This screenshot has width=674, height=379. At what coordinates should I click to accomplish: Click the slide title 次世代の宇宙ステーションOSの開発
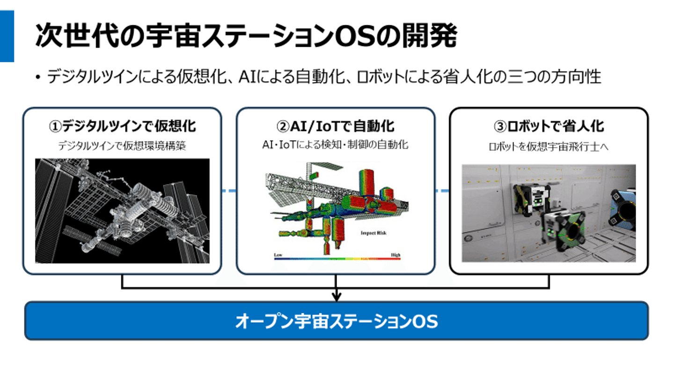point(246,36)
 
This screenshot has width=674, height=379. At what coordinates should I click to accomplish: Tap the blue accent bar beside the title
point(7,36)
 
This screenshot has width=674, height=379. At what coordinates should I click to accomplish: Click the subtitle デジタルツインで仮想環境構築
point(122,146)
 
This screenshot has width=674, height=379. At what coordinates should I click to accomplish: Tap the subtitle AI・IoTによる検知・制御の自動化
point(335,145)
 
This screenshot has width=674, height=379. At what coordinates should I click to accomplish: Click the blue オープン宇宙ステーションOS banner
point(336,321)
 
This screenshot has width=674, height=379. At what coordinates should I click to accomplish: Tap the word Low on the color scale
point(278,255)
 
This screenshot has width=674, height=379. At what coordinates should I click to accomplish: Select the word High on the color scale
point(396,255)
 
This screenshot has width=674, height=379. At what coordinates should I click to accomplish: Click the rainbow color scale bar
point(337,259)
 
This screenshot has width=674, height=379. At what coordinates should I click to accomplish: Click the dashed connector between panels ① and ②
point(228,191)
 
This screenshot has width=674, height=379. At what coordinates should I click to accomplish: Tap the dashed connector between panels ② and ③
point(442,191)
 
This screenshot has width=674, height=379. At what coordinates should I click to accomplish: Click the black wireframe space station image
point(122,211)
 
